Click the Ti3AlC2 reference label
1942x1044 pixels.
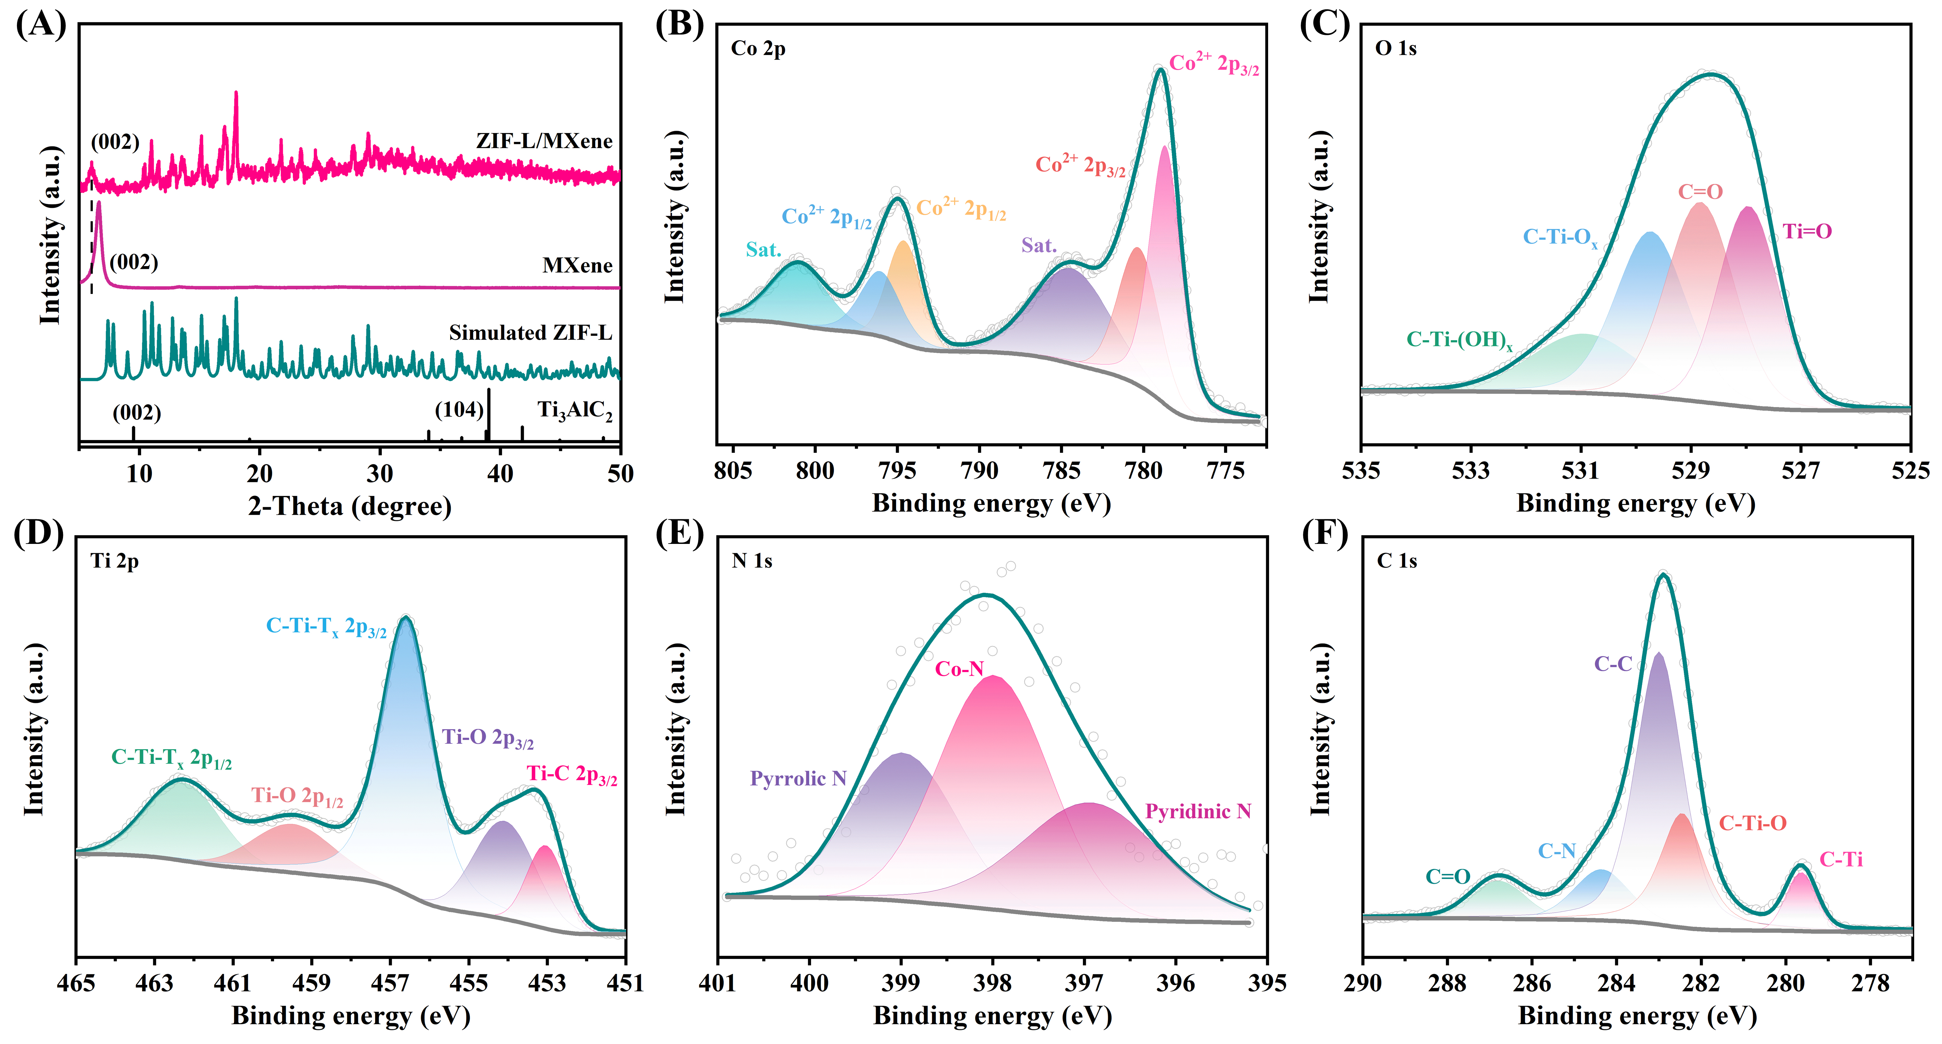point(574,411)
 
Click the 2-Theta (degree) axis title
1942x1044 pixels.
point(350,506)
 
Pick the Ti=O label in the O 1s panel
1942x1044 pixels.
point(1807,232)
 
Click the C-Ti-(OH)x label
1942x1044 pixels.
point(1459,341)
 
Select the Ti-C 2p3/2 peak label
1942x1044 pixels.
point(572,775)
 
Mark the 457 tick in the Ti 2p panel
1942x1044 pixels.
point(389,983)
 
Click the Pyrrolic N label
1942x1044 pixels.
point(798,779)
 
